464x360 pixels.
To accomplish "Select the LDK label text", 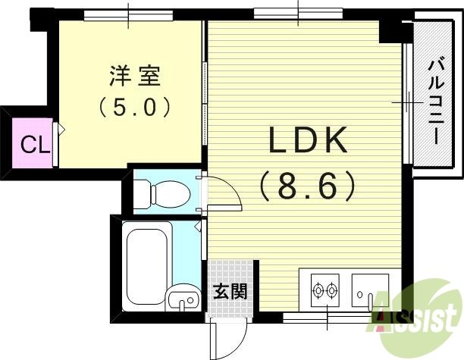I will click(x=306, y=142).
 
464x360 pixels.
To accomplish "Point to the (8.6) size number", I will click(x=307, y=184).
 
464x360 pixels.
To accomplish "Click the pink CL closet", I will click(x=30, y=143).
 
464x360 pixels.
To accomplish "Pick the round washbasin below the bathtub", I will click(x=180, y=302).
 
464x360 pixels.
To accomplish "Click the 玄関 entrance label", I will click(x=228, y=290).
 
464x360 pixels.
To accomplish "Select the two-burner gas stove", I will click(x=326, y=289).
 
